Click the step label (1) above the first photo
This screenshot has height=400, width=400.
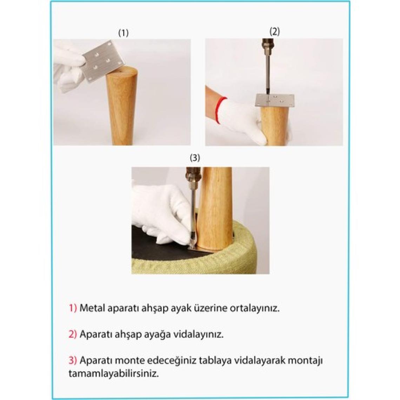124,33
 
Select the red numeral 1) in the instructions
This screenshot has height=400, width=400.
73,308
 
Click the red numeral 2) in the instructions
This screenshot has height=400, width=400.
73,334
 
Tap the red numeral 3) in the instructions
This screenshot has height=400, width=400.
73,360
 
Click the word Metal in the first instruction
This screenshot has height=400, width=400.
92,308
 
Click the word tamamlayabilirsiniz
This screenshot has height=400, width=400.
114,374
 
